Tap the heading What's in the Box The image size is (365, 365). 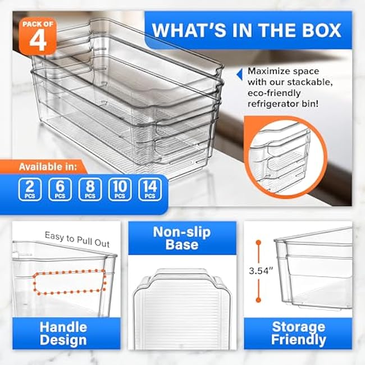click(x=247, y=30)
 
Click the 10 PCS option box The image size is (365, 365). click(x=120, y=189)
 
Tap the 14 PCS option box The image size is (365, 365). click(x=149, y=189)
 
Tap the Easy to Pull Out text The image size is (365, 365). click(x=77, y=239)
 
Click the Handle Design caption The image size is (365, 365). click(x=63, y=333)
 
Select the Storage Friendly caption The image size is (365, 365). click(x=298, y=333)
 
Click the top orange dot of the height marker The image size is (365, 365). click(x=258, y=243)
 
